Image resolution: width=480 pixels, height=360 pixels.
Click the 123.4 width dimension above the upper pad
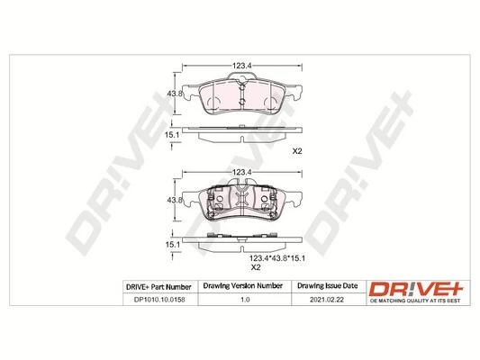click(240, 65)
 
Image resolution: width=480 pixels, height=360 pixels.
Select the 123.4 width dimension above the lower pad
click(240, 172)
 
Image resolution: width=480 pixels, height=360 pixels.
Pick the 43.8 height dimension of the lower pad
click(176, 200)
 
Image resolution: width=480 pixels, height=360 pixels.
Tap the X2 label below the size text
click(254, 267)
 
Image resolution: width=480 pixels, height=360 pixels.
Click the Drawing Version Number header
click(240, 286)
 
